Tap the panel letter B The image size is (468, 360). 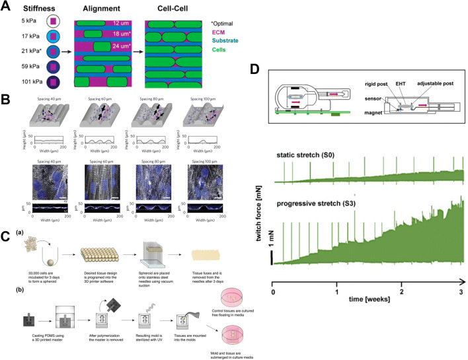[5, 101]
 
